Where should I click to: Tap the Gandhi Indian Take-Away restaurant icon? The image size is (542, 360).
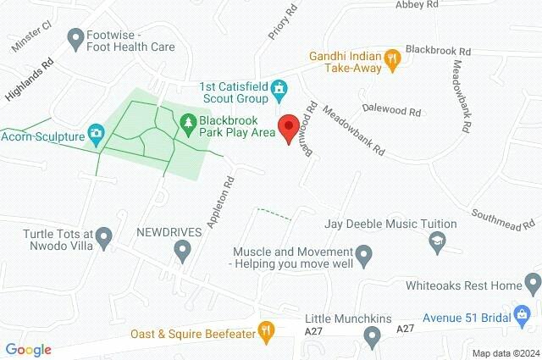click(391, 58)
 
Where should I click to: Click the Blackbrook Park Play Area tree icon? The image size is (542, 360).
click(186, 125)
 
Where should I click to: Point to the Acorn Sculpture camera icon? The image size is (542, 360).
click(97, 134)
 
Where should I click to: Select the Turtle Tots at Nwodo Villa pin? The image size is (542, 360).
click(104, 235)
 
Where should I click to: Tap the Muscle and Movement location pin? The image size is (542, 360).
click(364, 253)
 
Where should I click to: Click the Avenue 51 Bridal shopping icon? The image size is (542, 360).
click(521, 314)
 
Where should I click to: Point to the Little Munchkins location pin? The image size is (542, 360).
click(371, 338)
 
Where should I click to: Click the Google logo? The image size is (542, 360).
click(28, 349)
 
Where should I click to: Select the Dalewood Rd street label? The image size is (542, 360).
click(390, 110)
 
